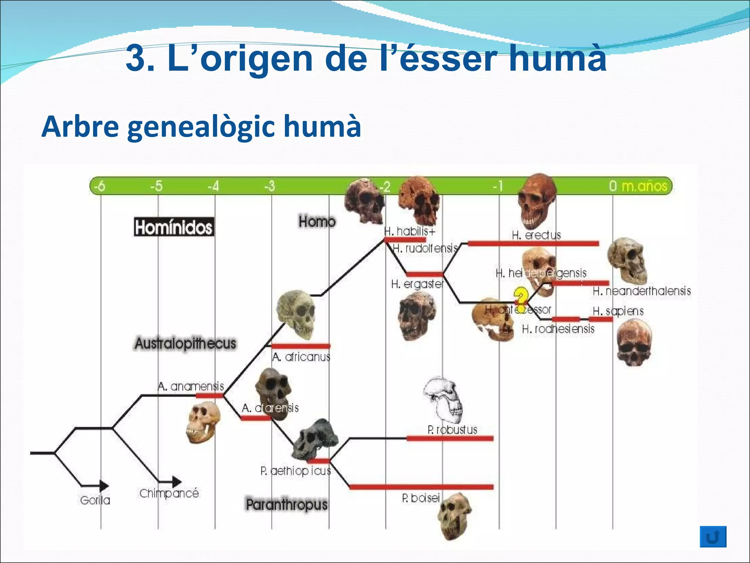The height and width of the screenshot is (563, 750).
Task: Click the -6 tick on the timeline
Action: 99,186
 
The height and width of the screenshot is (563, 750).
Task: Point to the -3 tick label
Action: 270,186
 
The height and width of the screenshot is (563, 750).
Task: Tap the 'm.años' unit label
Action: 645,186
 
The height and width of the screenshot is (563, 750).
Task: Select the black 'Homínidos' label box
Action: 174,227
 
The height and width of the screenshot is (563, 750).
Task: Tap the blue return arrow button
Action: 713,537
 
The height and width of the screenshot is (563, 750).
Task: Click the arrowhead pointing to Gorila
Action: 104,486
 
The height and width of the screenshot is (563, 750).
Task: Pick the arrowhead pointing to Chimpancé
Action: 177,482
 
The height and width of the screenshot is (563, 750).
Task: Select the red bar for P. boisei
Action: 421,487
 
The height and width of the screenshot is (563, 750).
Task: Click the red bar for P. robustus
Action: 450,438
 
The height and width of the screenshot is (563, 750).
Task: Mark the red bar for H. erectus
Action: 533,243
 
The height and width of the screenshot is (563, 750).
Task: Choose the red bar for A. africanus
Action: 300,346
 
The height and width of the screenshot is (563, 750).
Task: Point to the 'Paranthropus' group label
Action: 286,505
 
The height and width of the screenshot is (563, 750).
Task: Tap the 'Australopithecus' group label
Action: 185,344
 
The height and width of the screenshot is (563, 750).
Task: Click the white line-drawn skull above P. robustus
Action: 444,400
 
